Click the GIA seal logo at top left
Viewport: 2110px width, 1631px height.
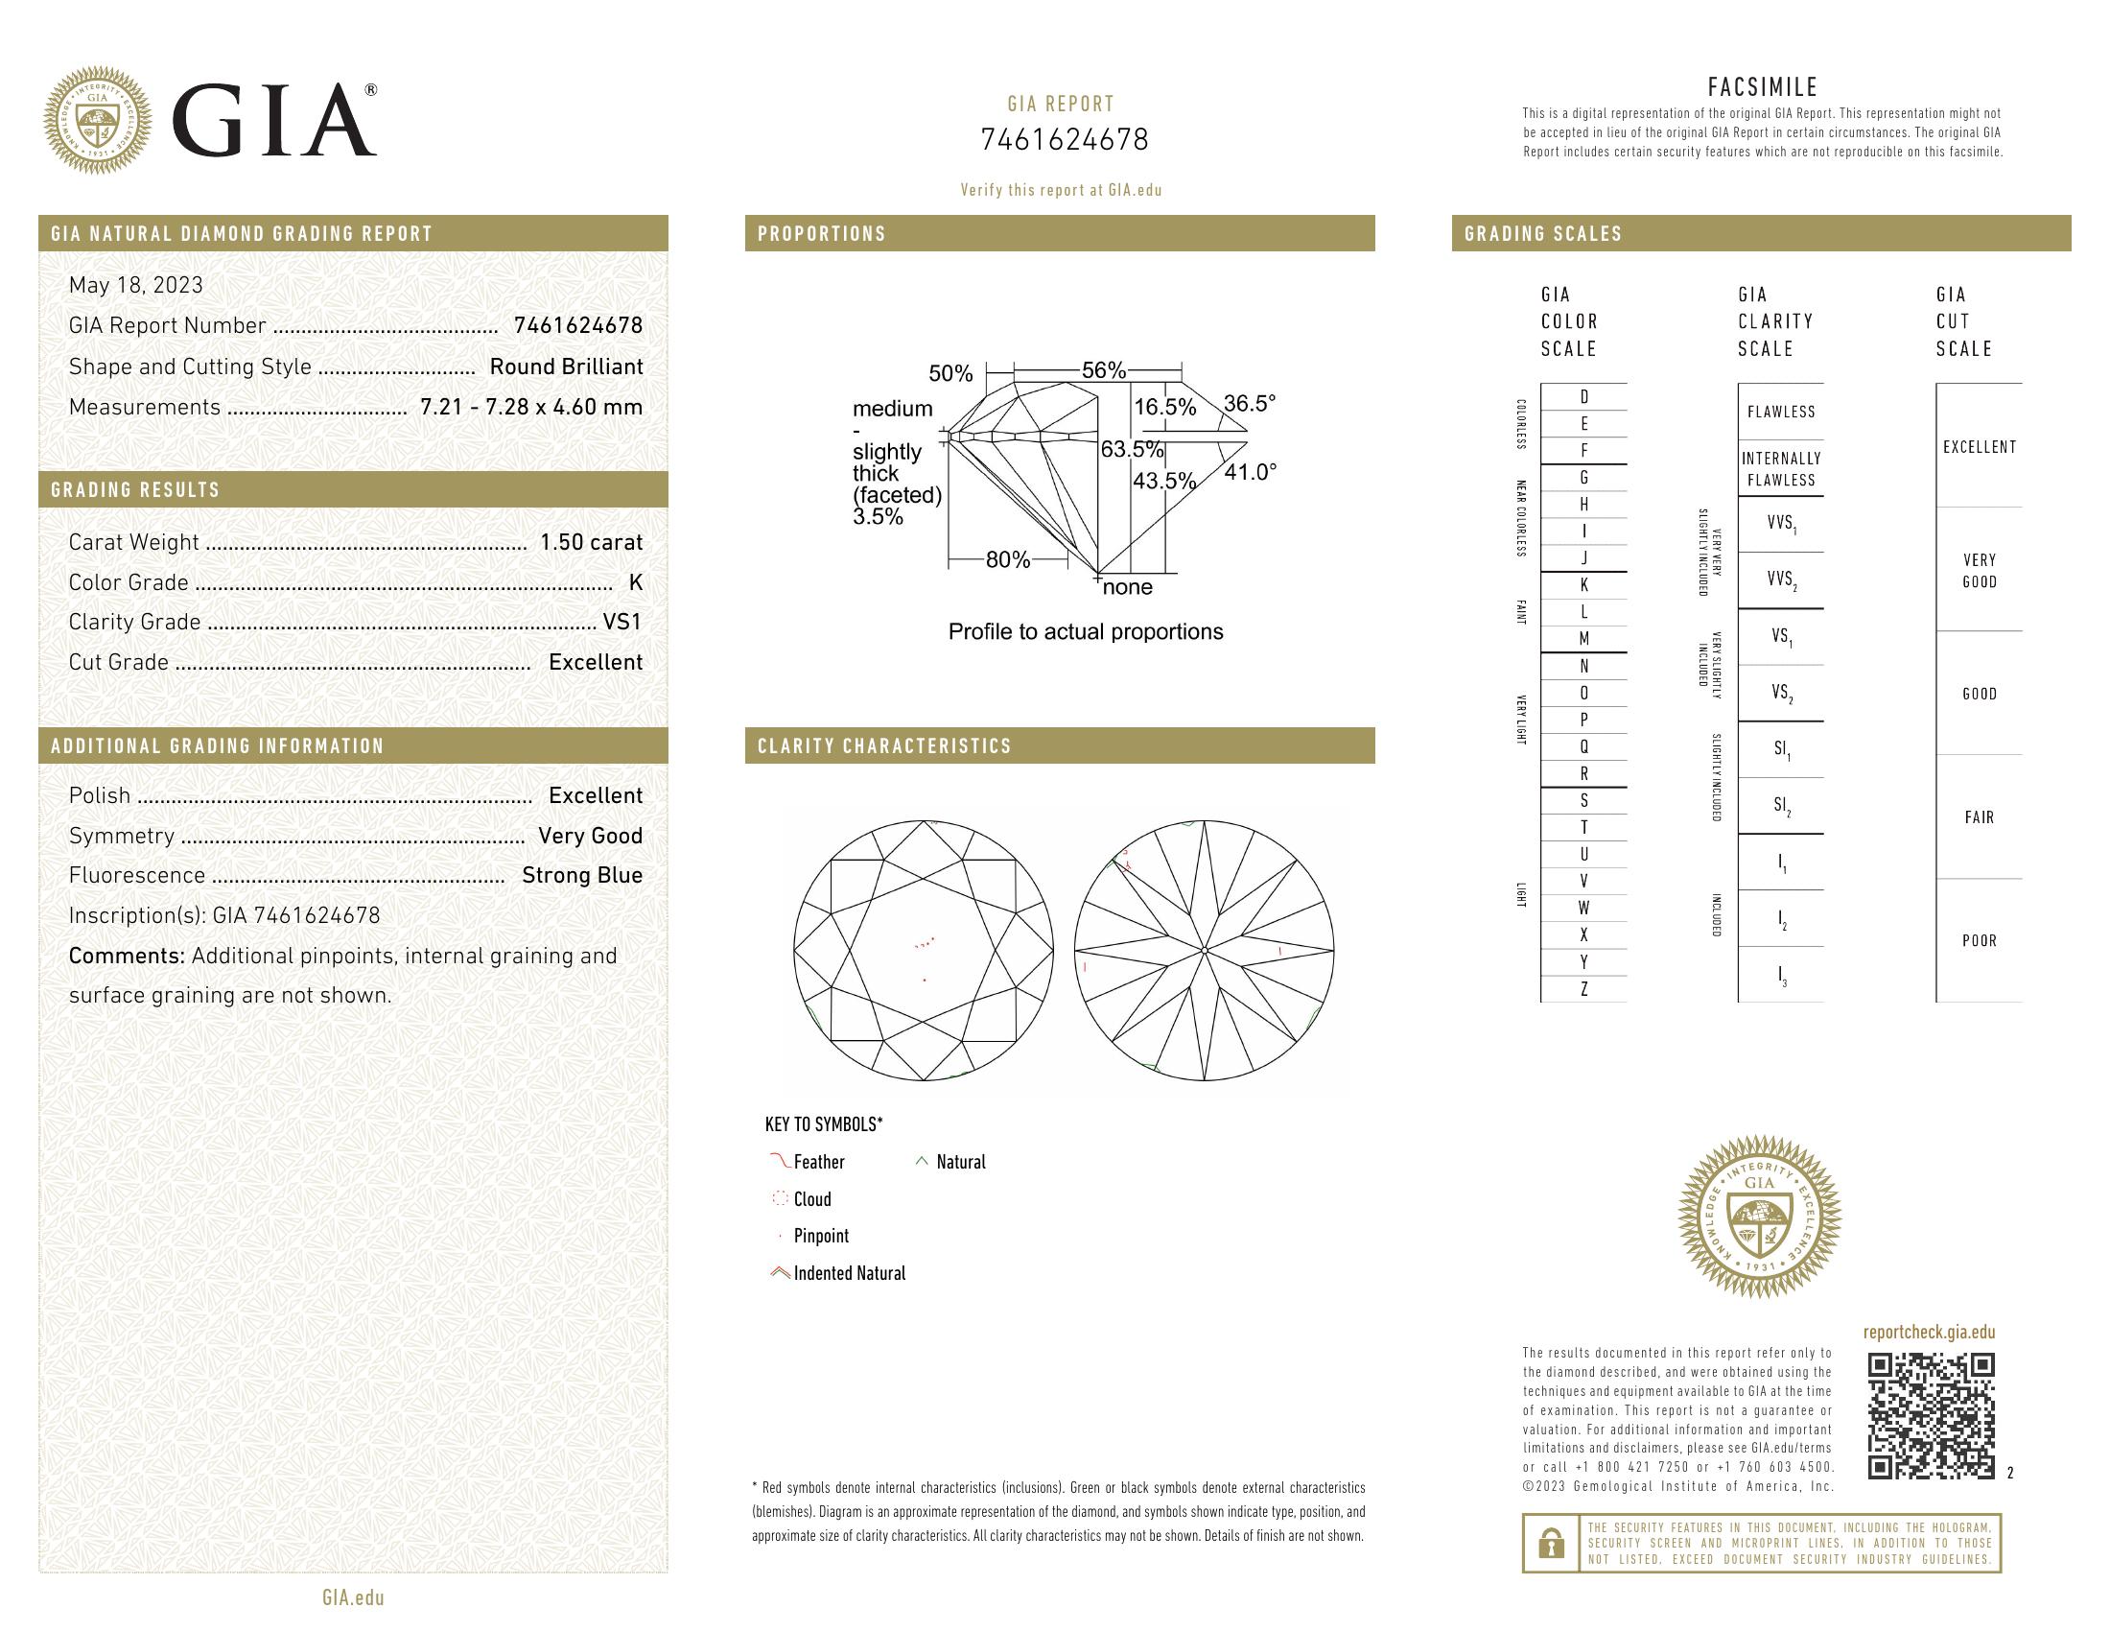pyautogui.click(x=98, y=121)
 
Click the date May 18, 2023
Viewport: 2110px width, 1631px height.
pyautogui.click(x=136, y=285)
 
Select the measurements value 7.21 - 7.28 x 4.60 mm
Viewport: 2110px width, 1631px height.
pyautogui.click(x=531, y=407)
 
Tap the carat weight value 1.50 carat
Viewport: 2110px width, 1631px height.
pyautogui.click(x=590, y=542)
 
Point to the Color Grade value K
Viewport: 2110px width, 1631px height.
pyautogui.click(x=635, y=582)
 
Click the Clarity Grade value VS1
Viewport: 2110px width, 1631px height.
pyautogui.click(x=622, y=623)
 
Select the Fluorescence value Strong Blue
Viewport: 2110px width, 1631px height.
pyautogui.click(x=581, y=875)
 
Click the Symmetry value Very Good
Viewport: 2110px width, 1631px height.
pyautogui.click(x=590, y=836)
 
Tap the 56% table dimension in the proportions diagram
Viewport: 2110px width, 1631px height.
pyautogui.click(x=1103, y=370)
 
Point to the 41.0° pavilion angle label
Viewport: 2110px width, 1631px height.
pyautogui.click(x=1249, y=472)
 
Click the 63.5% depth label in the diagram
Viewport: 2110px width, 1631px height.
pyautogui.click(x=1132, y=449)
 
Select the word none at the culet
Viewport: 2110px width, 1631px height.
pyautogui.click(x=1128, y=587)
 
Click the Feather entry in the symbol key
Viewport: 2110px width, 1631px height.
pyautogui.click(x=818, y=1163)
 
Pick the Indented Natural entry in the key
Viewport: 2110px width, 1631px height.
pyautogui.click(x=849, y=1273)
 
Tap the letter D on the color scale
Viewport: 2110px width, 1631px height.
pyautogui.click(x=1583, y=397)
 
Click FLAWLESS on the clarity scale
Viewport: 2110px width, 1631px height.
pyautogui.click(x=1781, y=412)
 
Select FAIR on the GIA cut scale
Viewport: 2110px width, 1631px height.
pyautogui.click(x=1979, y=817)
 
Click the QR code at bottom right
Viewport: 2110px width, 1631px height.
pyautogui.click(x=1931, y=1416)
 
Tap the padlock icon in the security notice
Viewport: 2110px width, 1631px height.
pyautogui.click(x=1551, y=1543)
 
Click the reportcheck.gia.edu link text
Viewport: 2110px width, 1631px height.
pyautogui.click(x=1929, y=1333)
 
